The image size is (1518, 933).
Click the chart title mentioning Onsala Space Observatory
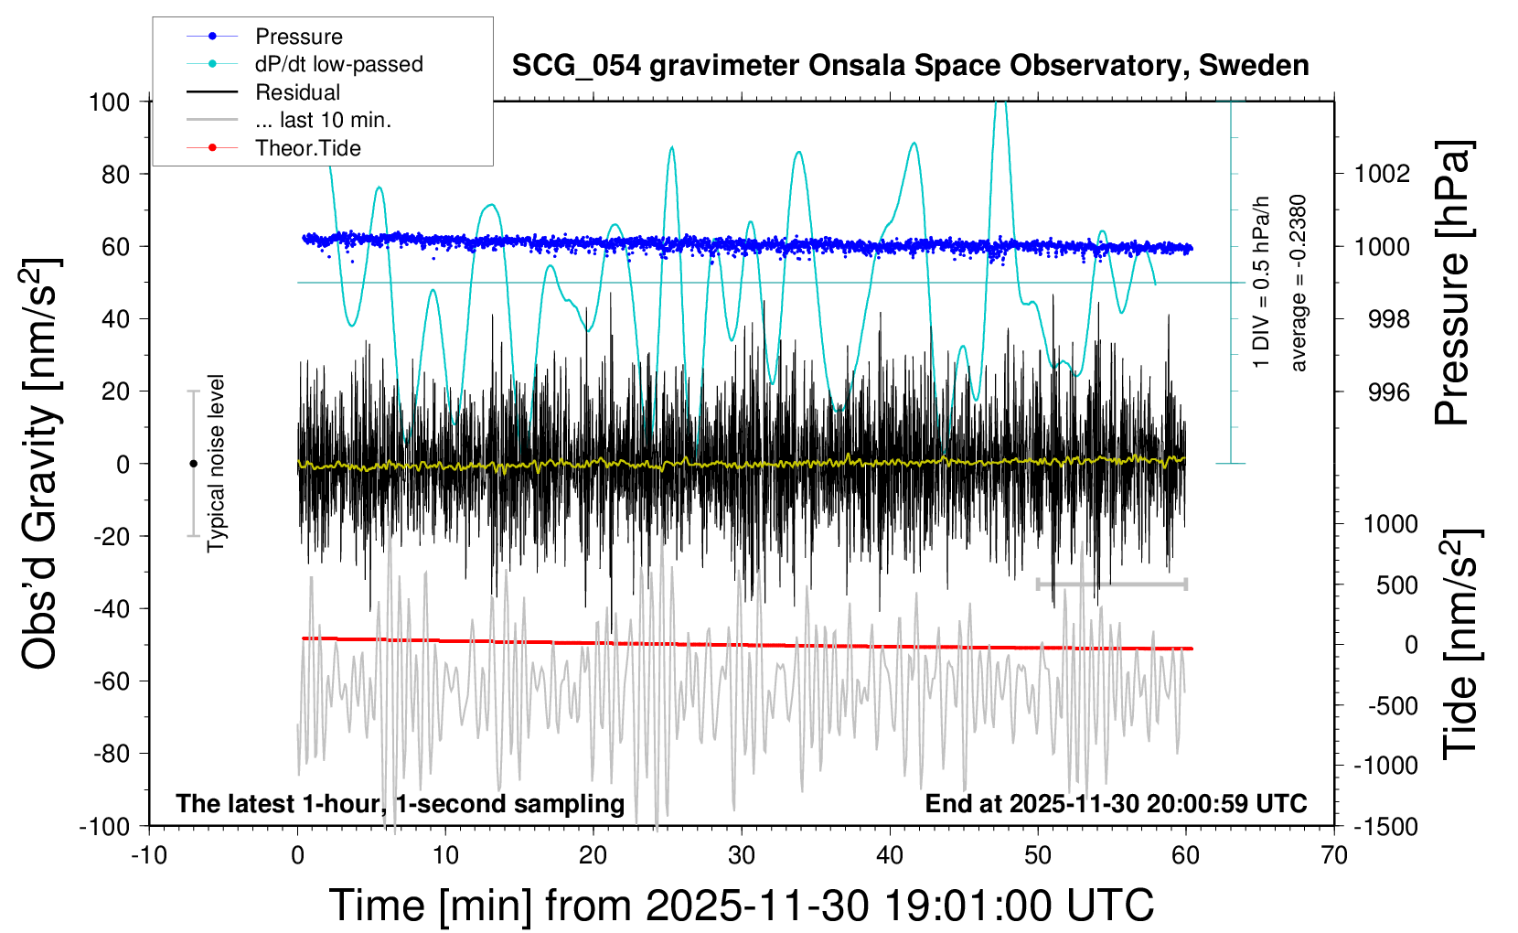pos(910,66)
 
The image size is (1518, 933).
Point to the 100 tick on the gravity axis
pos(109,102)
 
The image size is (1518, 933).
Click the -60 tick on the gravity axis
pos(111,681)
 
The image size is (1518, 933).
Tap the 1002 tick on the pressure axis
pos(1382,174)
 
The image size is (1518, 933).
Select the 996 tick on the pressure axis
pos(1388,391)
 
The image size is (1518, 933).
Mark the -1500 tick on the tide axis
pos(1384,826)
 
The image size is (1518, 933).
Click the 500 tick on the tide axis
pos(1396,584)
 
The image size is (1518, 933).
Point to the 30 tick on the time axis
pos(742,855)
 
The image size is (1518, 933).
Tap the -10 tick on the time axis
pos(149,855)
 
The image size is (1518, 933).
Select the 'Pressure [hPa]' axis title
pos(1451,284)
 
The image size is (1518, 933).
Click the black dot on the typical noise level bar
pos(193,464)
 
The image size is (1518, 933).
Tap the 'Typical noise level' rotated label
pos(216,464)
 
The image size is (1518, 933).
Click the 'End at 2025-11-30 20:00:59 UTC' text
pos(1116,803)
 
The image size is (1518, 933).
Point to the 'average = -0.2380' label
pos(1299,284)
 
